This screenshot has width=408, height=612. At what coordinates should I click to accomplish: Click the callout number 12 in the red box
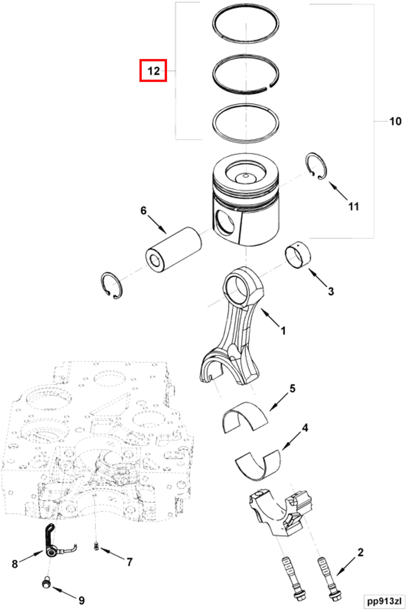(153, 71)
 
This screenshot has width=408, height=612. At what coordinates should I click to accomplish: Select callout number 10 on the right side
(395, 121)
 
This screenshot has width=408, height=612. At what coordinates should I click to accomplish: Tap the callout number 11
(354, 207)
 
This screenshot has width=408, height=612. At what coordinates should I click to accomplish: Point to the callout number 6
(144, 211)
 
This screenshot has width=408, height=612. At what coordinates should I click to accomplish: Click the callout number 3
(331, 291)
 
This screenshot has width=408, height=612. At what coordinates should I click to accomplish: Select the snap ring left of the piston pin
(112, 285)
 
